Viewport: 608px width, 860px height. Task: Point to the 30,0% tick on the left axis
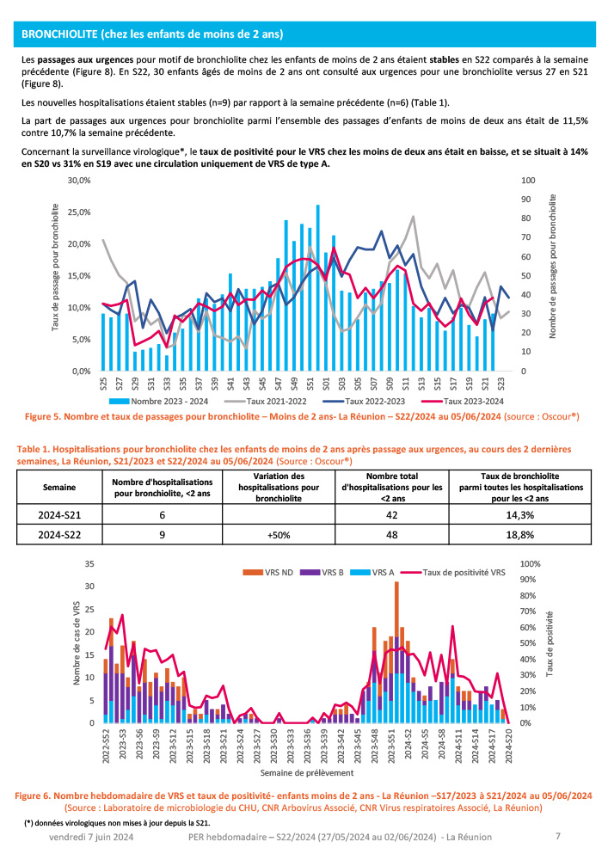click(x=79, y=181)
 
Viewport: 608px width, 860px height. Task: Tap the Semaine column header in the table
click(x=58, y=487)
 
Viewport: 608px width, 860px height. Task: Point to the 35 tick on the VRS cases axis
click(x=89, y=563)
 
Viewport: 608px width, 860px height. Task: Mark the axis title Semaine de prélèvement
click(x=304, y=773)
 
